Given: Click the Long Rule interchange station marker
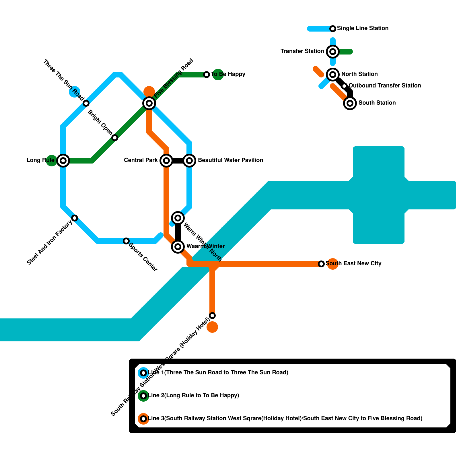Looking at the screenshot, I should pyautogui.click(x=63, y=160).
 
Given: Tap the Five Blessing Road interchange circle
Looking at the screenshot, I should pyautogui.click(x=149, y=103).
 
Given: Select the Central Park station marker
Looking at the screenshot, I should pyautogui.click(x=166, y=160).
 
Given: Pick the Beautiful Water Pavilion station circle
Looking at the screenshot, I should pyautogui.click(x=189, y=160).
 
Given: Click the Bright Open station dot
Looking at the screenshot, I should pyautogui.click(x=115, y=138).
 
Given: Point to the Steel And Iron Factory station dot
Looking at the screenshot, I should pyautogui.click(x=75, y=218).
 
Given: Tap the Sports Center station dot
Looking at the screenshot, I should pyautogui.click(x=126, y=241).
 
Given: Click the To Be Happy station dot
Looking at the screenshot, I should pyautogui.click(x=207, y=75).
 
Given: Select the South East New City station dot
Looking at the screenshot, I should pyautogui.click(x=321, y=264).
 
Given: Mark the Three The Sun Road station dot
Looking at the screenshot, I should pyautogui.click(x=86, y=103).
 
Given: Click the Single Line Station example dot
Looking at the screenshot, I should pyautogui.click(x=333, y=29).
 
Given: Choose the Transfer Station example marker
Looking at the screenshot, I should pyautogui.click(x=333, y=52).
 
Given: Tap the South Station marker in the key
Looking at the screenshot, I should pyautogui.click(x=350, y=103).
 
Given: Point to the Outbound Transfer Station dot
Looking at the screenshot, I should pyautogui.click(x=344, y=86).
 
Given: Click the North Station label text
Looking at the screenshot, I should pyautogui.click(x=359, y=74).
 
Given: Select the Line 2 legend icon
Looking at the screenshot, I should pyautogui.click(x=143, y=396).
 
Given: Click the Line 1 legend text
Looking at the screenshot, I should pyautogui.click(x=218, y=373).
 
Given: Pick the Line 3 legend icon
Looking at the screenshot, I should pyautogui.click(x=143, y=419).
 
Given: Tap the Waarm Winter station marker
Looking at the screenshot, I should pyautogui.click(x=178, y=246).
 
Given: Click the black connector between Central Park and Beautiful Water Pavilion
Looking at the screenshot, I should pyautogui.click(x=178, y=160).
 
